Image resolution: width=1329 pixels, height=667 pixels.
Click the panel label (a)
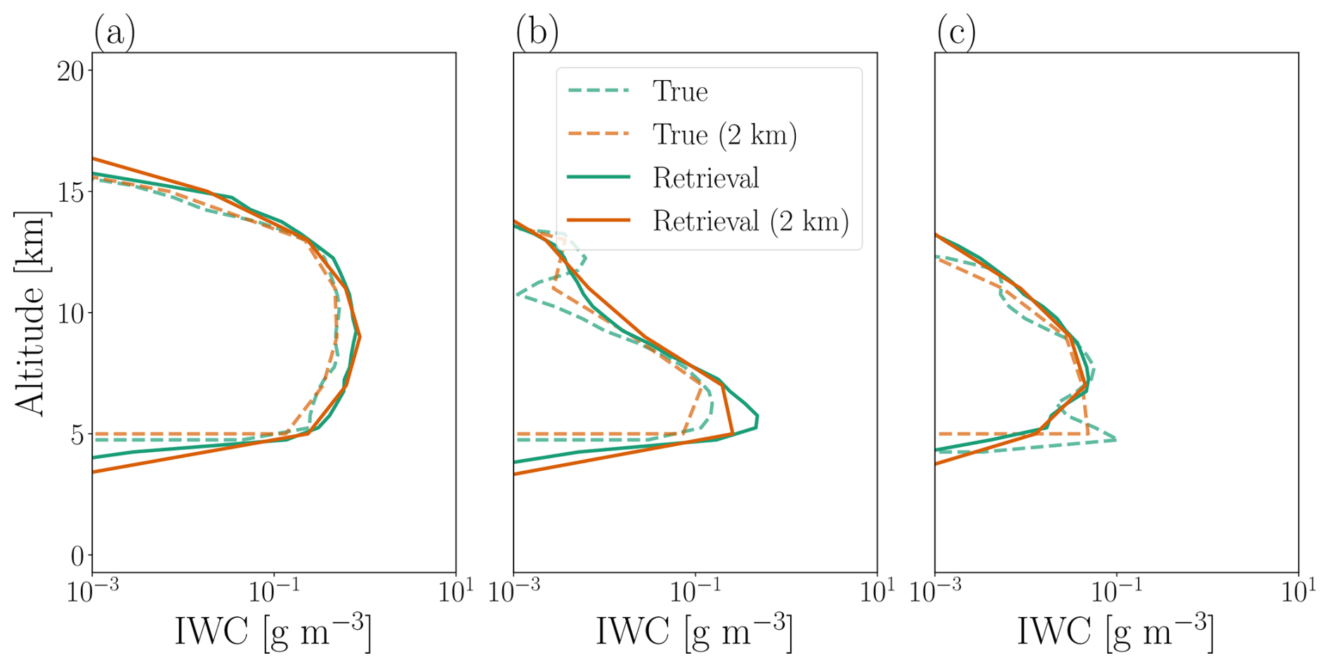tap(114, 32)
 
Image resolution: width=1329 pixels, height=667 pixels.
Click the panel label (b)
tap(537, 32)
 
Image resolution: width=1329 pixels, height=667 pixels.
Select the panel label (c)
tap(957, 32)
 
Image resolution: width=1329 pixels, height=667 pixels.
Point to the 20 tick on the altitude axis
tap(71, 70)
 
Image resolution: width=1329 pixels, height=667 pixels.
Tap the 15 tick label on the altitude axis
tap(71, 192)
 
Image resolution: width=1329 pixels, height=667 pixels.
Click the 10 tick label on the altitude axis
tap(71, 313)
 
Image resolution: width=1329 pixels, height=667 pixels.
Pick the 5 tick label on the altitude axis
tap(77, 435)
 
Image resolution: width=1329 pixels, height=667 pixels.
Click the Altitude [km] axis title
tap(30, 313)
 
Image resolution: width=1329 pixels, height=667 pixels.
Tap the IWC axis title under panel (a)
tap(273, 630)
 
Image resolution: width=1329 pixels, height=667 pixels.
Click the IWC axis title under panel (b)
tap(694, 630)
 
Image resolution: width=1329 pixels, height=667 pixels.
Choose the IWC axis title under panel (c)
tap(1115, 630)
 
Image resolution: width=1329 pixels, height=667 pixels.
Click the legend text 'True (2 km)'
tap(724, 135)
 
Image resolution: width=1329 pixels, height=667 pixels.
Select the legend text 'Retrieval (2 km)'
tap(750, 221)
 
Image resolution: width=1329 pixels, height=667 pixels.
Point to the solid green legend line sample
tap(598, 177)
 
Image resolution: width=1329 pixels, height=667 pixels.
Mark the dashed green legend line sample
tap(598, 91)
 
